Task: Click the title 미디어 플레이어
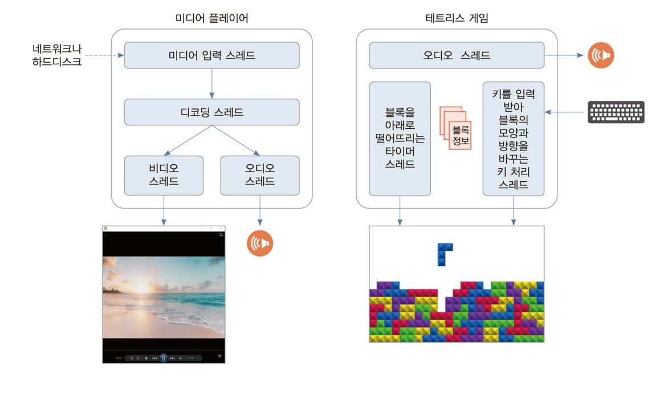211,18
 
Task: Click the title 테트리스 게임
457,18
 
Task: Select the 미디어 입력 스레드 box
211,55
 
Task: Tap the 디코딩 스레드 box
211,112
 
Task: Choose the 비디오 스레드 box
164,175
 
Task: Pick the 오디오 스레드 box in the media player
260,175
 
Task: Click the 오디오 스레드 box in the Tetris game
457,55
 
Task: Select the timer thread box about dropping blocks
400,139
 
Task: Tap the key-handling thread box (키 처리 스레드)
513,139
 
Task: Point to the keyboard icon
616,112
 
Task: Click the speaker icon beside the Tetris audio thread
601,55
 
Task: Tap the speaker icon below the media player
260,243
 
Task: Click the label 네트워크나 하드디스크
57,55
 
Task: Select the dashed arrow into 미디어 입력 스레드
104,55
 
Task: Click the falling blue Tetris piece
444,254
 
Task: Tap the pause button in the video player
164,358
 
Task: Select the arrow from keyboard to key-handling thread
565,112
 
